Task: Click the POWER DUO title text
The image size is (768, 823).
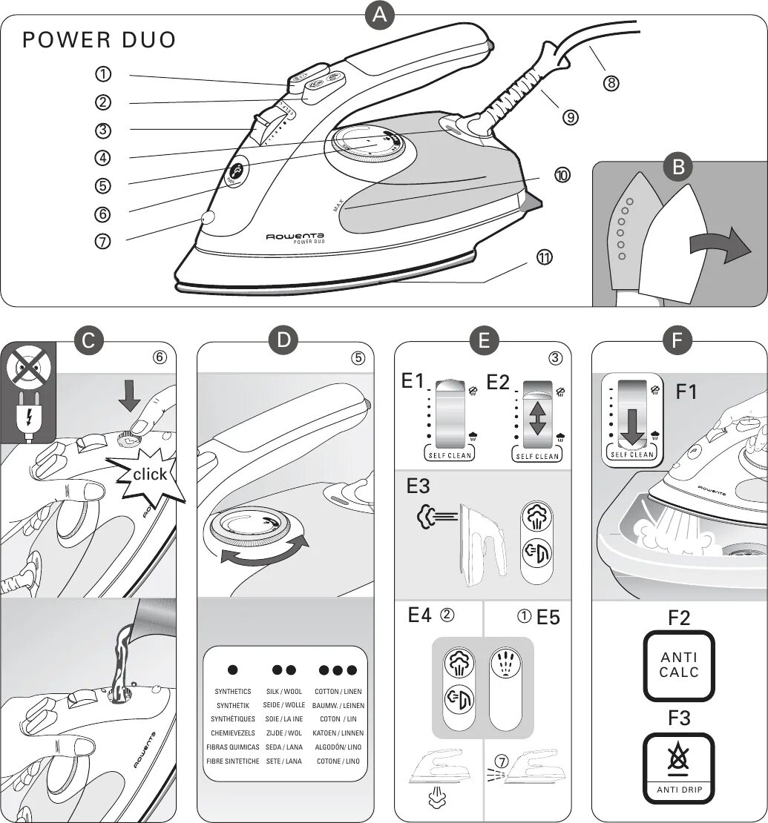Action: tap(99, 40)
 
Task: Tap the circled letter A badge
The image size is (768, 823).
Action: tap(380, 16)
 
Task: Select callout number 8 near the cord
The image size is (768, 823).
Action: tap(611, 84)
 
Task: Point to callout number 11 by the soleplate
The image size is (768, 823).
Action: tap(545, 257)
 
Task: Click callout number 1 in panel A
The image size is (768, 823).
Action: tap(103, 74)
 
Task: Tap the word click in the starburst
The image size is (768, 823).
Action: tap(150, 474)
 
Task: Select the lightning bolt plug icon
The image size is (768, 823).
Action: tap(29, 419)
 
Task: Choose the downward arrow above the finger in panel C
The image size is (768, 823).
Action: tap(129, 400)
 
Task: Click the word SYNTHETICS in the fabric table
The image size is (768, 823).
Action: tap(233, 691)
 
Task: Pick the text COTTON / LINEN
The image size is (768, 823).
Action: tap(338, 691)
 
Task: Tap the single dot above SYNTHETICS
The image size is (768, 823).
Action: tap(233, 670)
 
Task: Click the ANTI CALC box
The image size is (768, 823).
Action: tap(679, 666)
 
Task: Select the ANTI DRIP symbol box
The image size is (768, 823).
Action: tap(678, 769)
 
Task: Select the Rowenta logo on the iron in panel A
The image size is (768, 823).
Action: tap(295, 236)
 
